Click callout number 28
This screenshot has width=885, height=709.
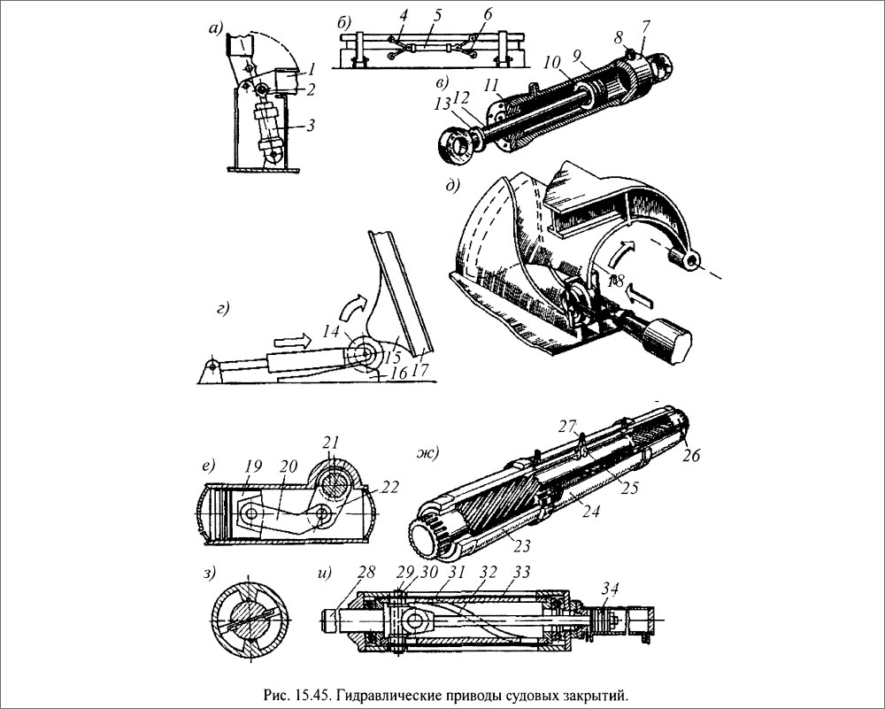point(366,573)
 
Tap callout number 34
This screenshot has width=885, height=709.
point(610,589)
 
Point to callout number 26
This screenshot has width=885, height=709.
point(690,454)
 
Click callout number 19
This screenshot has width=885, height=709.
point(254,466)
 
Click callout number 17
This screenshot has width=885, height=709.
point(420,370)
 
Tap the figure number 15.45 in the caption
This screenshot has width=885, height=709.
point(312,693)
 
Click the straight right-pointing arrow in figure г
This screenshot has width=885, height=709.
point(292,341)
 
